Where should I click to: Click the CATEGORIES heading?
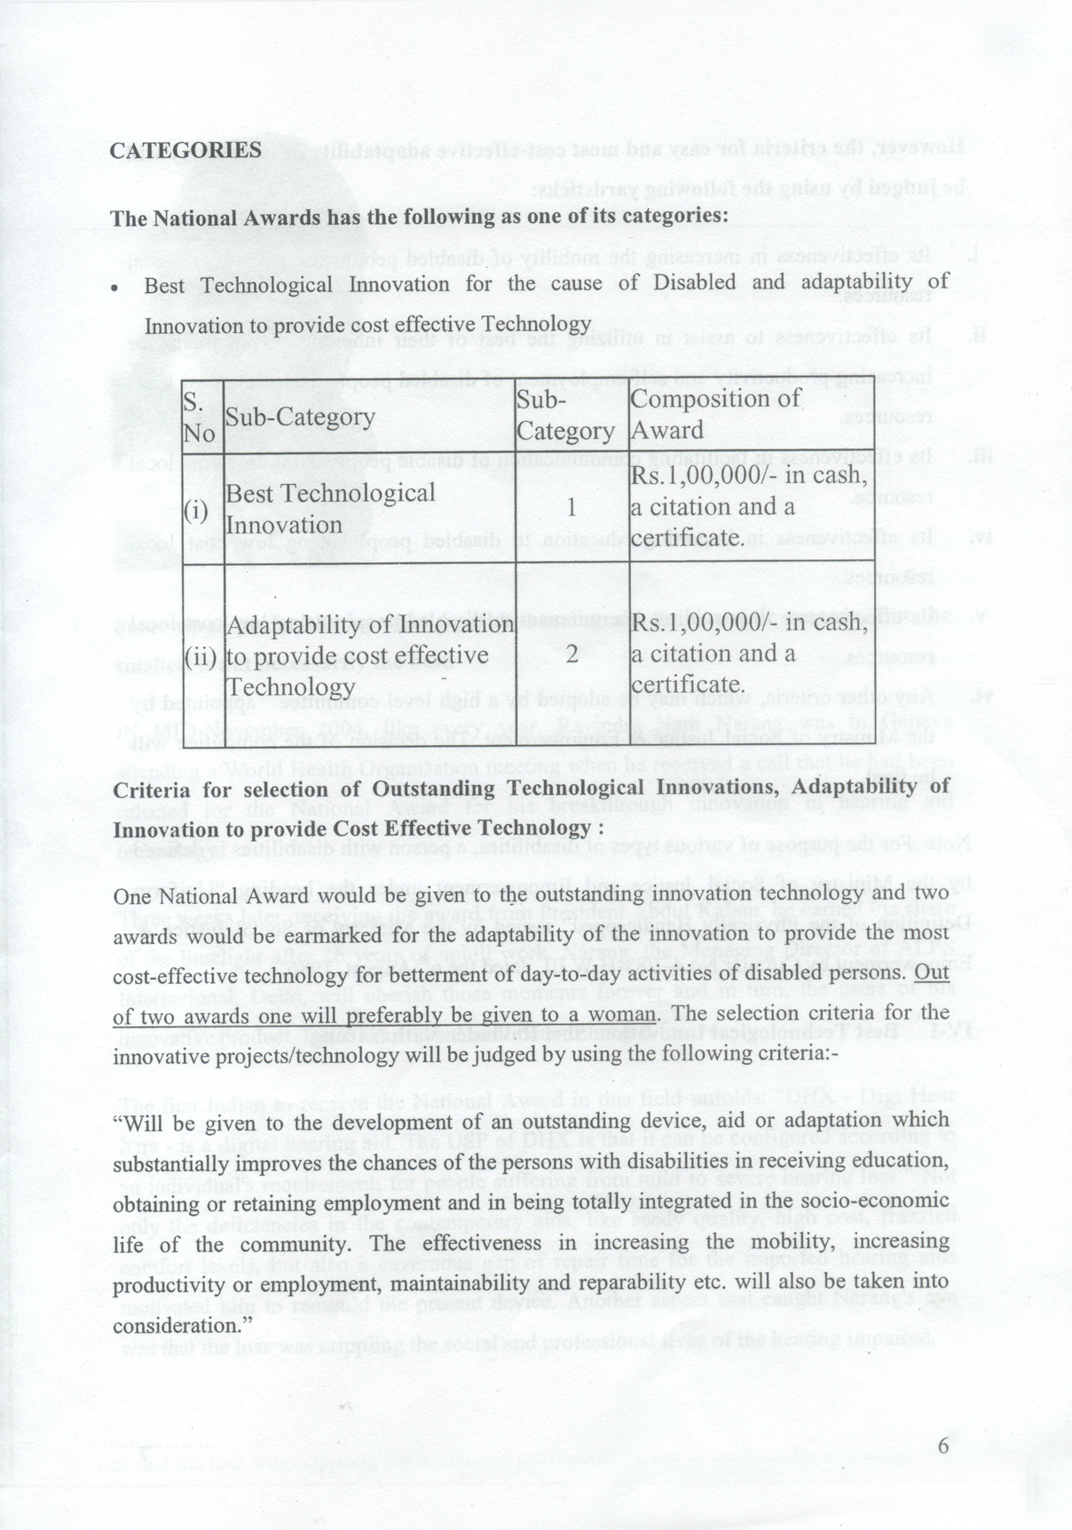(185, 150)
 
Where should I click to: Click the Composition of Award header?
(715, 415)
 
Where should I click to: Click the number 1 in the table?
(572, 508)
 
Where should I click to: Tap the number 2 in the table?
(572, 655)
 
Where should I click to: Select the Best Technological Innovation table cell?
(330, 509)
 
